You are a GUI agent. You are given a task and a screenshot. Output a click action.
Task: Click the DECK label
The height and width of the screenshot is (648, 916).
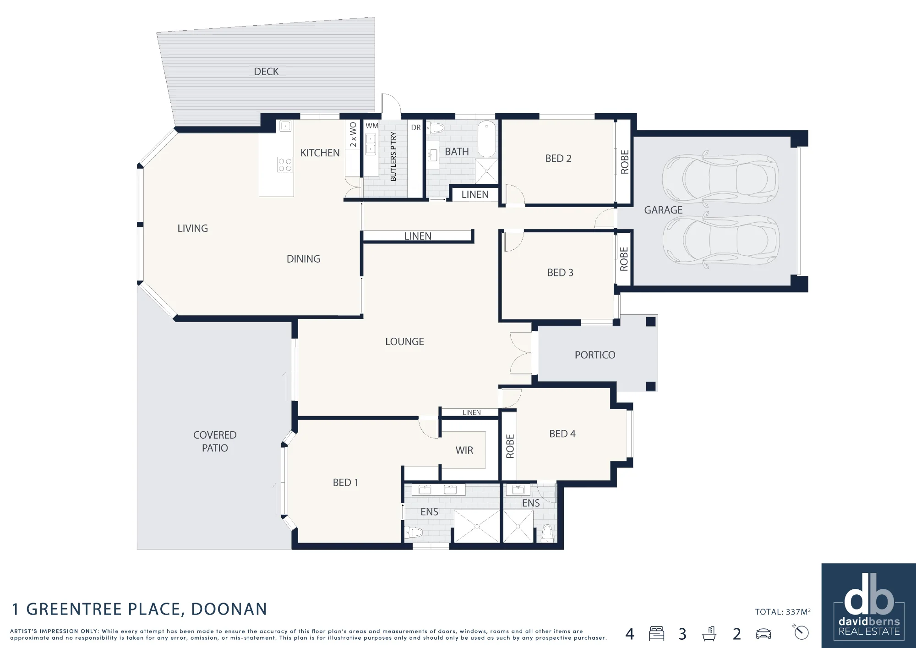[266, 71]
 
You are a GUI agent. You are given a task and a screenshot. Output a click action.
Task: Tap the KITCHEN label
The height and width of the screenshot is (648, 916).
[320, 153]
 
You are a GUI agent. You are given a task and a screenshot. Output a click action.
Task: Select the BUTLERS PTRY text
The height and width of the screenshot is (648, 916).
[393, 156]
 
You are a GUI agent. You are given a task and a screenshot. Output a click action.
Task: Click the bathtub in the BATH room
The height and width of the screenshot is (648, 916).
[487, 139]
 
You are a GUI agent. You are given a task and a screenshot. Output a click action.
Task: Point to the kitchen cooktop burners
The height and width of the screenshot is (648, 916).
[285, 165]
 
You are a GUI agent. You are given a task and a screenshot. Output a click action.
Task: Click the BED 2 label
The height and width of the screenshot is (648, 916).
[558, 159]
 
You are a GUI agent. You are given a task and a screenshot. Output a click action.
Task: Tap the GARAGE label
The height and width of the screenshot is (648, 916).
[663, 210]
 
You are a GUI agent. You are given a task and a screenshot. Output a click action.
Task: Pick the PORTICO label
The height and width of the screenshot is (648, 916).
[595, 355]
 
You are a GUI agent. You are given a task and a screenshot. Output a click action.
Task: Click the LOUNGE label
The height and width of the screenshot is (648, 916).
[404, 341]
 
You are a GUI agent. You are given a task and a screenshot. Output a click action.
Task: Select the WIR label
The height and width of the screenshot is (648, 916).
[464, 450]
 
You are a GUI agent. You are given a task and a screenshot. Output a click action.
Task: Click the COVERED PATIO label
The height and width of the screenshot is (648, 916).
[215, 441]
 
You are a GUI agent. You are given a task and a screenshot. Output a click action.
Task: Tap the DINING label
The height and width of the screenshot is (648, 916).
[303, 259]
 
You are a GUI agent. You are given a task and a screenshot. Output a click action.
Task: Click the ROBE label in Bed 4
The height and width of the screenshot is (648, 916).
[510, 446]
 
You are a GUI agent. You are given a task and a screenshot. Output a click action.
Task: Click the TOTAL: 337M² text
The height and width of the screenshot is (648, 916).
[783, 612]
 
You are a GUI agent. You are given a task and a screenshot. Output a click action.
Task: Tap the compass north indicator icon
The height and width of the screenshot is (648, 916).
[801, 632]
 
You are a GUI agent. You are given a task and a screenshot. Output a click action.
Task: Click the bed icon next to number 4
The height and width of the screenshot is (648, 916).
[656, 633]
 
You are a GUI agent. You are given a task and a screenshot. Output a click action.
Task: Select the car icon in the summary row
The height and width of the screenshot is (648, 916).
[763, 634]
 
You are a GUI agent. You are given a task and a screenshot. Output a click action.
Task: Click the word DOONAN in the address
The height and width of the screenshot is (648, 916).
[229, 609]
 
